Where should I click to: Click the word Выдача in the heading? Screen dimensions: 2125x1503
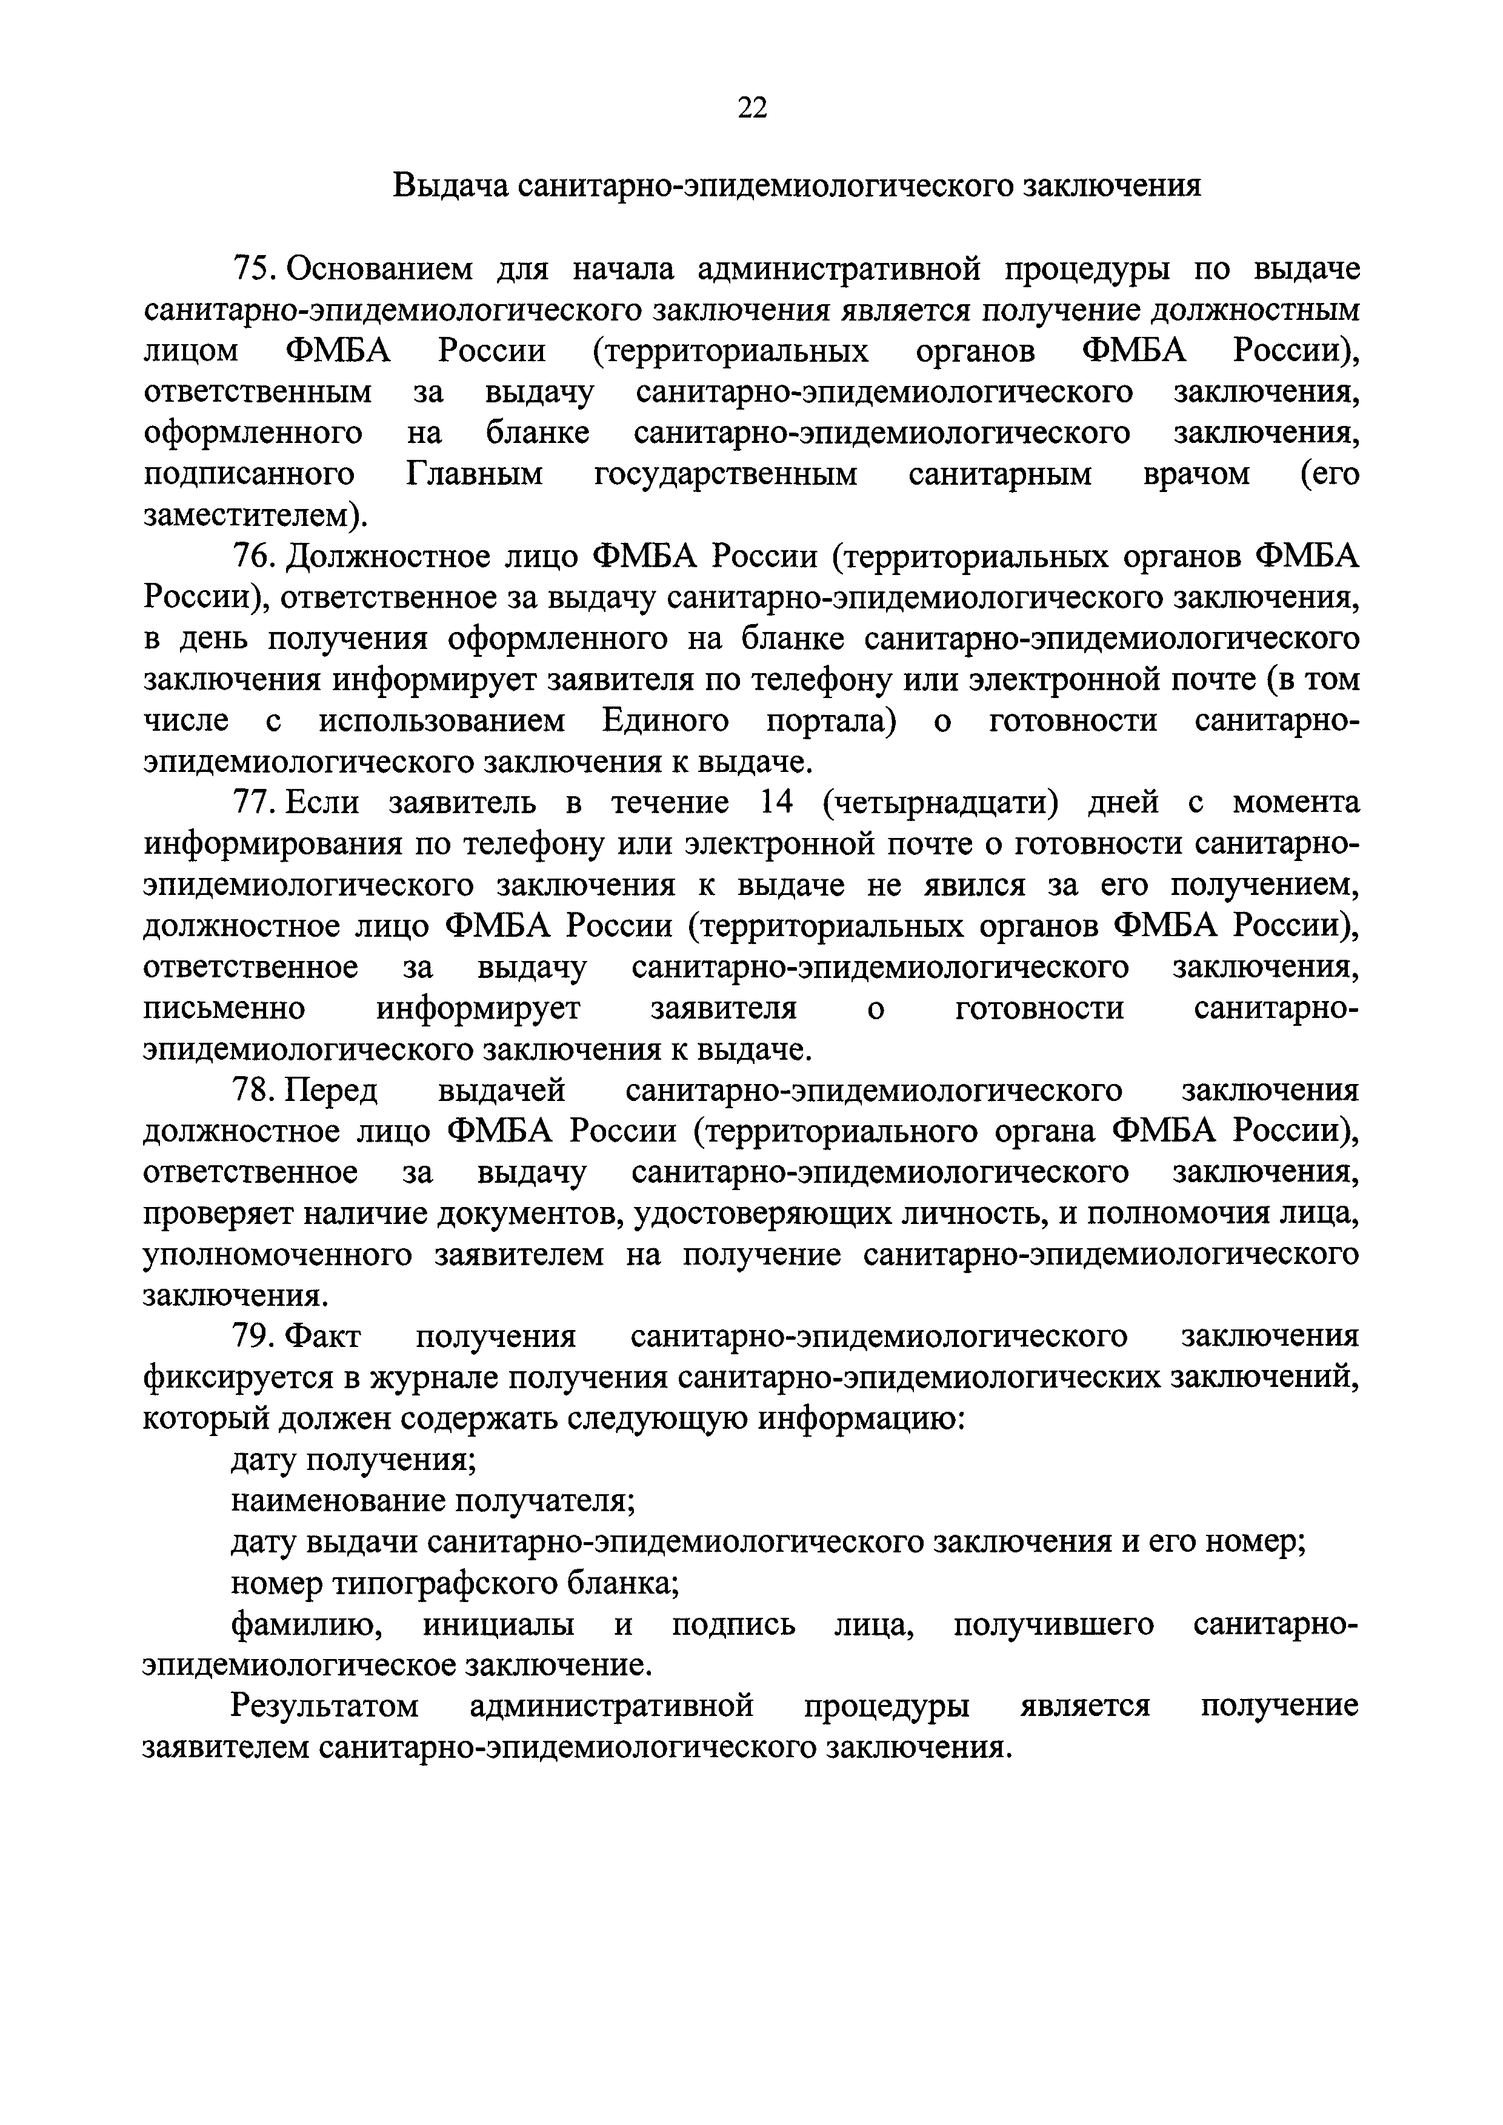click(x=451, y=186)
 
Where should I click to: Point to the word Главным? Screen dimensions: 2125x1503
click(x=475, y=475)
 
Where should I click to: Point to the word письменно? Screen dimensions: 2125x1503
click(x=224, y=1008)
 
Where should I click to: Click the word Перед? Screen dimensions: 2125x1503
click(x=332, y=1090)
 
